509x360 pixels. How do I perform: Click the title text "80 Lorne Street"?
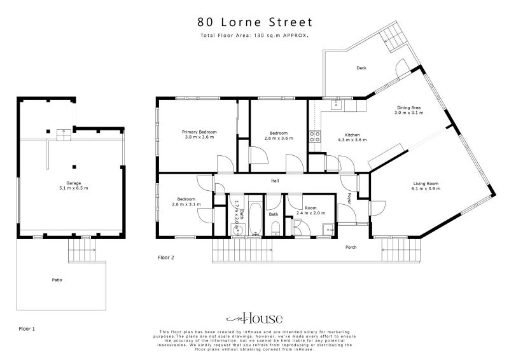254,22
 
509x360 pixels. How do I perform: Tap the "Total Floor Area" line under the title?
254,36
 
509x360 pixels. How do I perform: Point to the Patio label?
57,280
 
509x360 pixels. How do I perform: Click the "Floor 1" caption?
26,329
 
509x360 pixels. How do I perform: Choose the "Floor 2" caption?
166,258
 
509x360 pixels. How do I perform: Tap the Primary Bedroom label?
199,134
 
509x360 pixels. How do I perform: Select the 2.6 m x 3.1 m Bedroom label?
186,201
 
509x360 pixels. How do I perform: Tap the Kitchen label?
352,137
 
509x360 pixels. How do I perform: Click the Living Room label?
425,186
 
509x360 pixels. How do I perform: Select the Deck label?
361,68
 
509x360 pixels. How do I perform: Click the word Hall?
275,181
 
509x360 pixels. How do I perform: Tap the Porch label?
351,247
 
